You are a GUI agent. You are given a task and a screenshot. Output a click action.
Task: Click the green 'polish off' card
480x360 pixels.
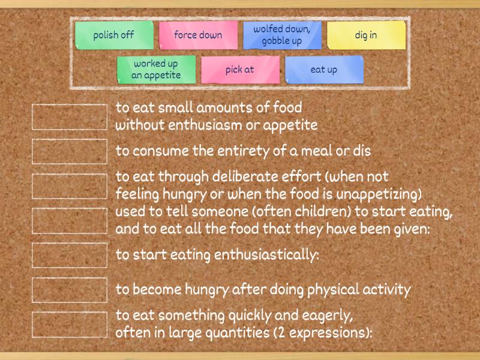click(114, 35)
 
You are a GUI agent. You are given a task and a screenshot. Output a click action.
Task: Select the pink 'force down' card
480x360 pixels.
click(198, 35)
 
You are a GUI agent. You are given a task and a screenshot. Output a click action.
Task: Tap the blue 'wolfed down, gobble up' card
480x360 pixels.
click(282, 35)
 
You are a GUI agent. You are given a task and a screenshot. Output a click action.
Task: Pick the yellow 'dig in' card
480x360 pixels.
click(366, 35)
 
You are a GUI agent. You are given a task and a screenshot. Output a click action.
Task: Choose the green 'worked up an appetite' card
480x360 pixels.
click(157, 70)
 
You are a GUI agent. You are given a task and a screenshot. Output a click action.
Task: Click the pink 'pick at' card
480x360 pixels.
click(240, 70)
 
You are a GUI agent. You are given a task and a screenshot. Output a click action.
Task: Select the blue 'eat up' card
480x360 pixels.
click(324, 70)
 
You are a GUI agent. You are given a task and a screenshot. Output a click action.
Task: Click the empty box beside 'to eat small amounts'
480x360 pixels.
click(69, 117)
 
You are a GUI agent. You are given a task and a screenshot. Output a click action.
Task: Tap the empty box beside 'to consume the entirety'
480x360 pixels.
click(69, 151)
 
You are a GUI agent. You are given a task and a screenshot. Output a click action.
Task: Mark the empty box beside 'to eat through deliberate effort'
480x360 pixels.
click(69, 186)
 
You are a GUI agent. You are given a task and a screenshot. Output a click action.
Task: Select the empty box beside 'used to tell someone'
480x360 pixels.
click(69, 220)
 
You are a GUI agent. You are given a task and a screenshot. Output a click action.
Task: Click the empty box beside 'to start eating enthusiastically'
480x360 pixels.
click(69, 255)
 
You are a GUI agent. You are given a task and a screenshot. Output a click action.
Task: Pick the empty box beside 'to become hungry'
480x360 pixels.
click(69, 290)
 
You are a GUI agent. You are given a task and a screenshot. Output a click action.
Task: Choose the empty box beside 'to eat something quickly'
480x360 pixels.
click(69, 324)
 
